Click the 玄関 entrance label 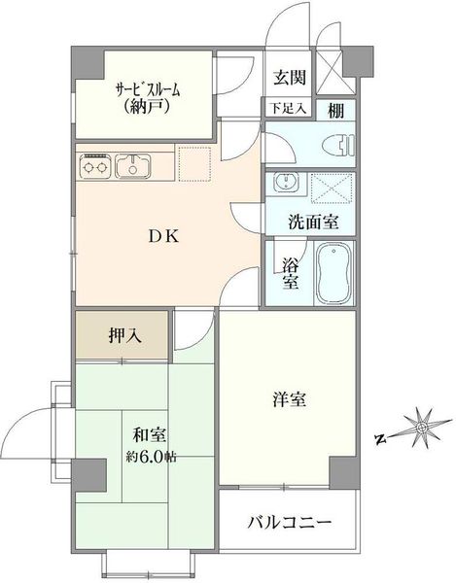click(290, 78)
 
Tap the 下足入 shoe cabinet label click(288, 108)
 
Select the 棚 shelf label click(335, 110)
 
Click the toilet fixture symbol click(338, 145)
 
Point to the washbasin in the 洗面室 click(286, 183)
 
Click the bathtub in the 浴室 click(334, 273)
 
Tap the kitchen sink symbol click(133, 166)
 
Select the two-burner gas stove click(95, 166)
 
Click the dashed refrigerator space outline click(194, 164)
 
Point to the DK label click(164, 236)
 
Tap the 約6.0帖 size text click(151, 457)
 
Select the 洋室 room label click(289, 399)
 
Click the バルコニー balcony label click(290, 523)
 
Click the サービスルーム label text click(149, 89)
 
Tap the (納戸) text click(148, 107)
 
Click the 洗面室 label click(313, 223)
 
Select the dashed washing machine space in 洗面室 click(332, 189)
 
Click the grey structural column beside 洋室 click(344, 472)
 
